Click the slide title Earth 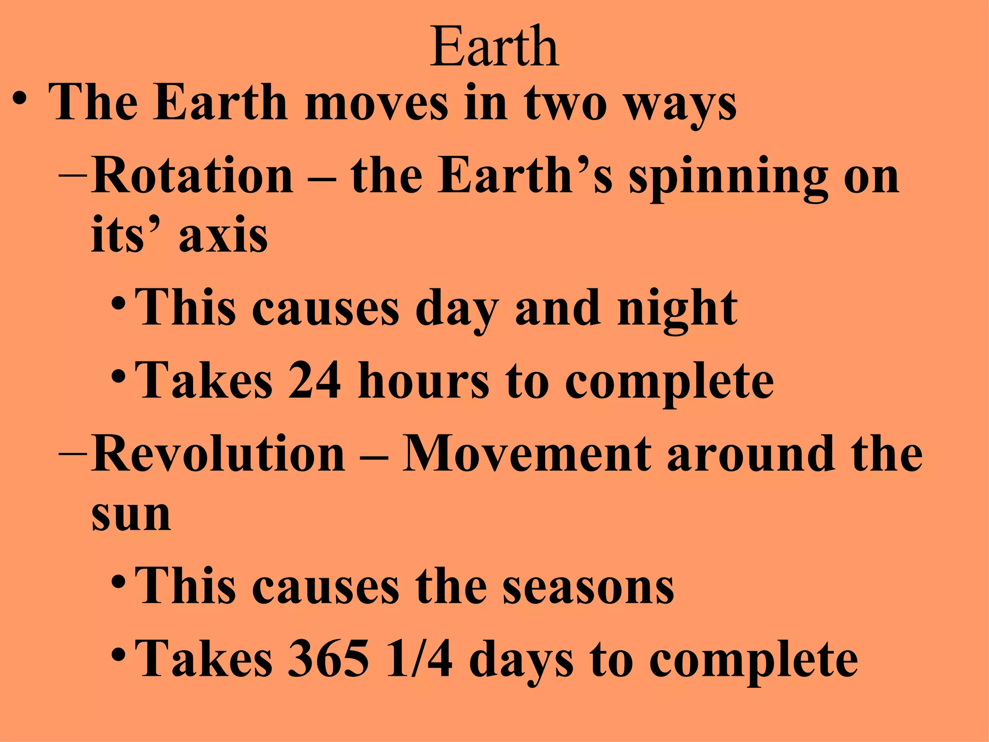[494, 47]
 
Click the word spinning [728, 178]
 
